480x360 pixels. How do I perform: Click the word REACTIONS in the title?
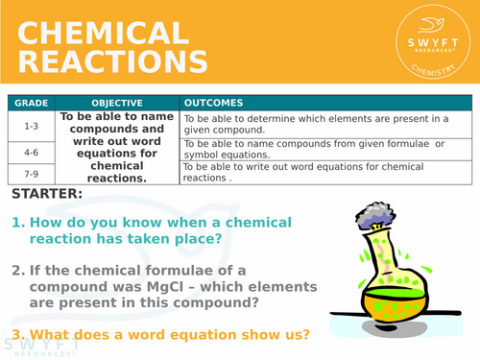tap(111, 63)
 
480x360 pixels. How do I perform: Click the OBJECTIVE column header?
tap(117, 103)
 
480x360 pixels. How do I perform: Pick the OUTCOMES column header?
tap(213, 103)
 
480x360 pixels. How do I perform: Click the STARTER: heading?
tap(48, 194)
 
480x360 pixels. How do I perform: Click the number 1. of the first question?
tap(17, 223)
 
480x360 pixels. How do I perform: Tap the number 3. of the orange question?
tap(17, 335)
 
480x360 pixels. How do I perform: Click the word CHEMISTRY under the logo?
tap(434, 70)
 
